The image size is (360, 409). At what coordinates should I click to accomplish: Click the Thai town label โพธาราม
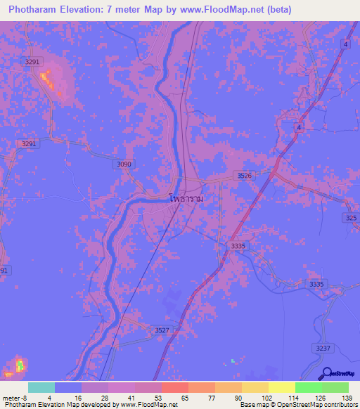click(186, 200)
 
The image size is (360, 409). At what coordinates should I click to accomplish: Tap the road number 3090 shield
click(123, 164)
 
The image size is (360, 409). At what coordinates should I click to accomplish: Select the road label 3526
click(244, 176)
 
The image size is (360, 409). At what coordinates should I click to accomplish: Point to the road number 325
click(352, 219)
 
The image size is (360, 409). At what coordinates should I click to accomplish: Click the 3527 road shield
click(162, 330)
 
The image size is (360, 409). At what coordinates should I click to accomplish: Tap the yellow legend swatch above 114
click(281, 387)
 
